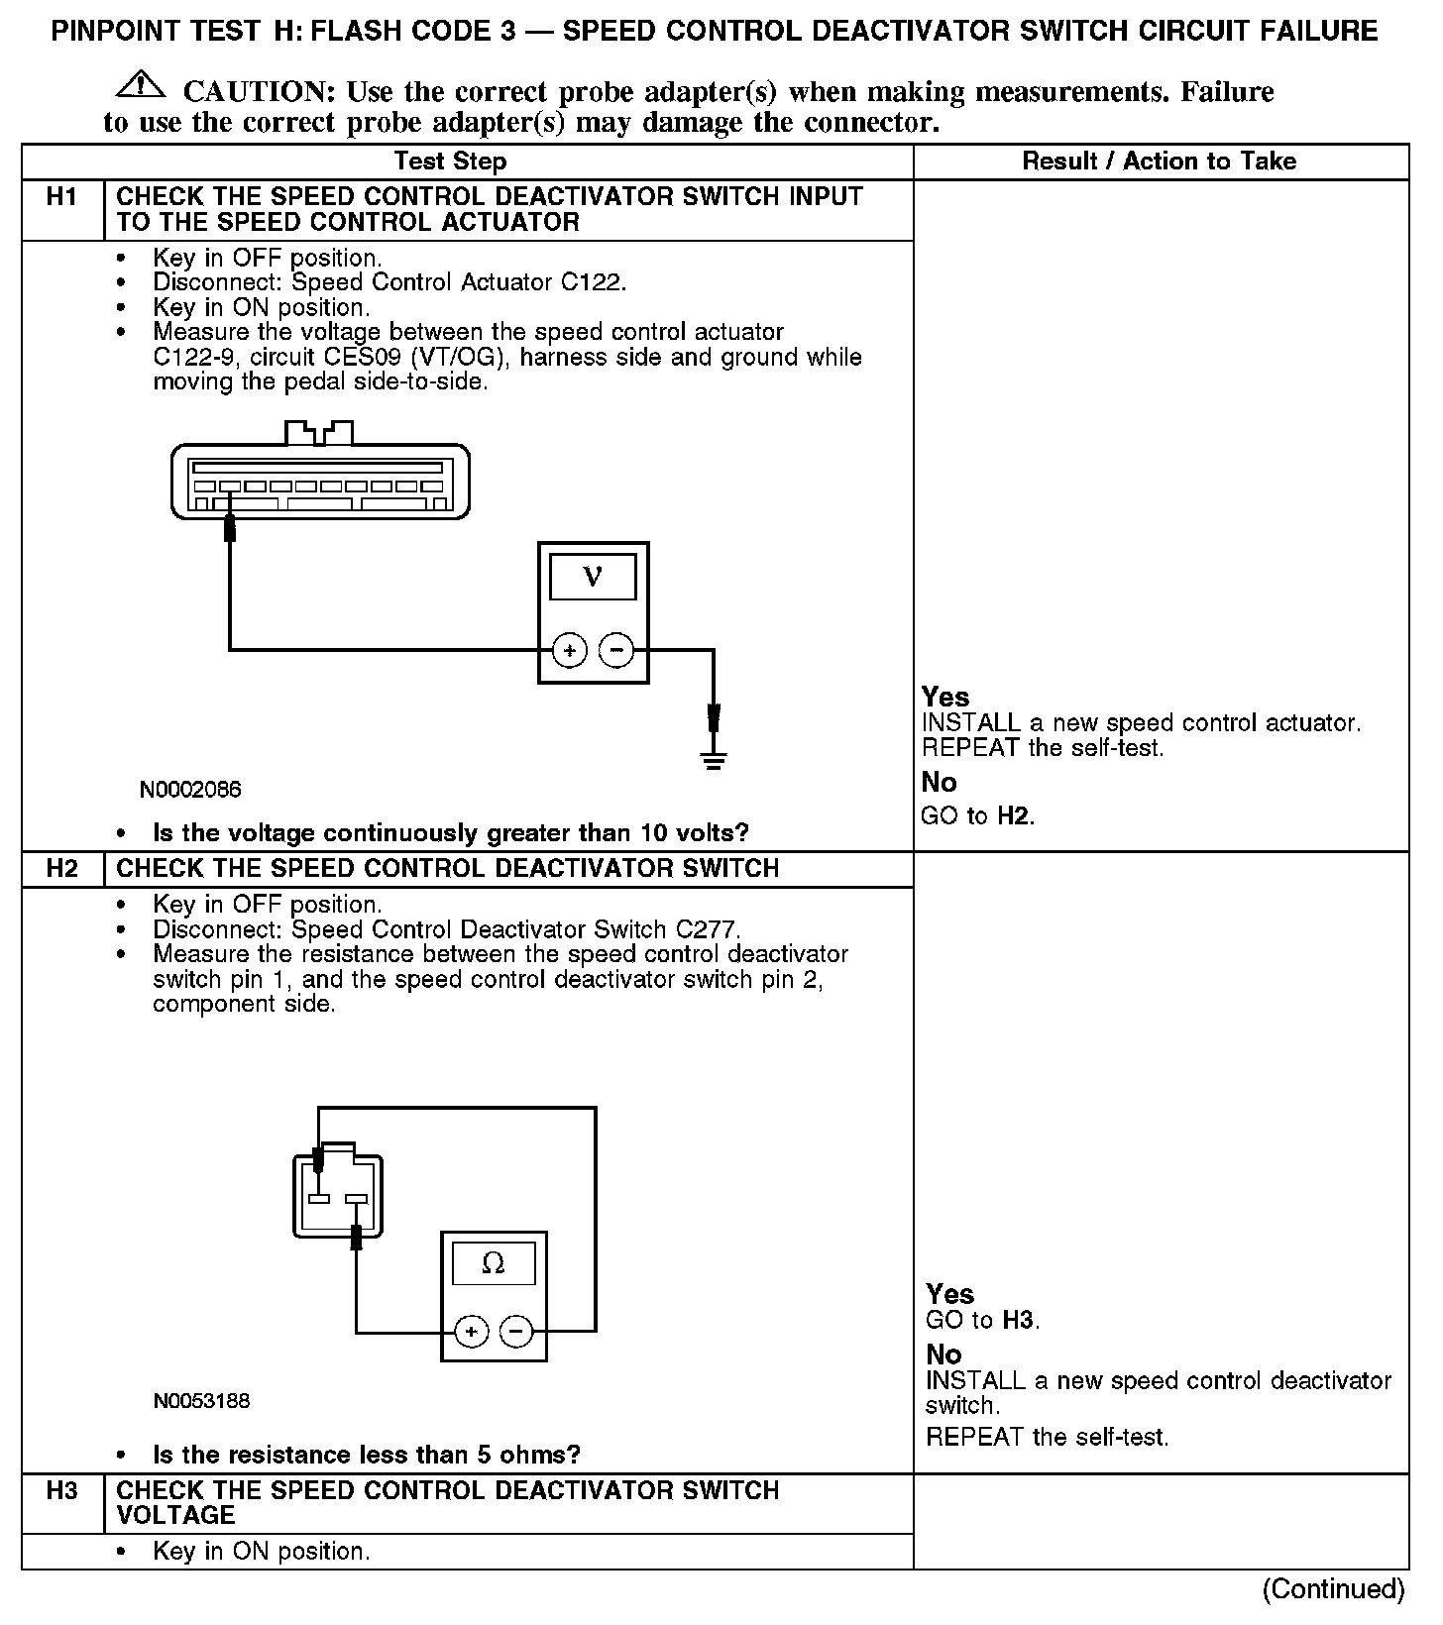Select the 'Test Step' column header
point(450,162)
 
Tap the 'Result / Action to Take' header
point(1159,162)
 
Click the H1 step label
point(61,197)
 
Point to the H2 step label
point(61,869)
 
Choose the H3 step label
point(61,1490)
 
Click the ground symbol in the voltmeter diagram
point(714,760)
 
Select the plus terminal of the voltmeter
point(569,651)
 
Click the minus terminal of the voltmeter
point(616,651)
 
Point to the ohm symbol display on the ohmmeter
point(493,1263)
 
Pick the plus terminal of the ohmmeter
point(471,1332)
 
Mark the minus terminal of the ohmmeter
point(516,1332)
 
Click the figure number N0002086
point(190,790)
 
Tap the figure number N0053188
point(201,1401)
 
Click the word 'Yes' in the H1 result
point(945,697)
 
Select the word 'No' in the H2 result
point(943,1354)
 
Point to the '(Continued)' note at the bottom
point(1333,1589)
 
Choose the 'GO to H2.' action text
point(978,816)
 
